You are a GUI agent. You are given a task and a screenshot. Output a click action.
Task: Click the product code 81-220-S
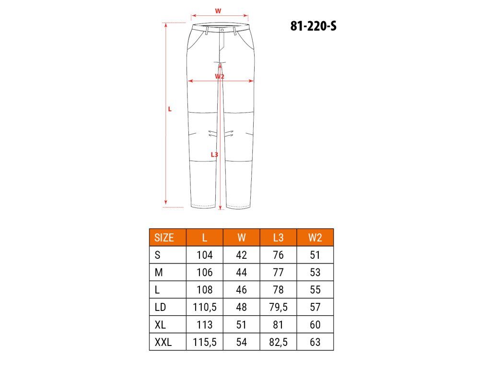313,26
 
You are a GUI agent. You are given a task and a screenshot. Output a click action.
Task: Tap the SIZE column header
164,238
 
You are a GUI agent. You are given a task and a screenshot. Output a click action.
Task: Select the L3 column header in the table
278,238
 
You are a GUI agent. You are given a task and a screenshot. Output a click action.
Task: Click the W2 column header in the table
315,238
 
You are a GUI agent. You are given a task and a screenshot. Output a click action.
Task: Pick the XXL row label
163,342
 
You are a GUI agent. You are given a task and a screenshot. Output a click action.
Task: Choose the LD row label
160,307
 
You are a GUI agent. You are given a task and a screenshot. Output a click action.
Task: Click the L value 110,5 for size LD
204,307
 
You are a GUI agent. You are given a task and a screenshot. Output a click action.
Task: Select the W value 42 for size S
242,255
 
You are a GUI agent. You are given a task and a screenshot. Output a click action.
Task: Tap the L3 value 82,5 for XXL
278,342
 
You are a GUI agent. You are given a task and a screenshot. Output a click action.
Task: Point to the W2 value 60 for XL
315,325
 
